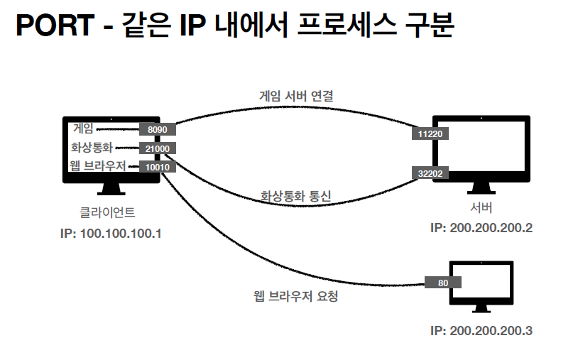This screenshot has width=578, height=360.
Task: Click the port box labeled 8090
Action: pos(156,130)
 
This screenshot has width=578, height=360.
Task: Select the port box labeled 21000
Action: pos(156,148)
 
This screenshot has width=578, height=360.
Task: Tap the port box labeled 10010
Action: pos(156,167)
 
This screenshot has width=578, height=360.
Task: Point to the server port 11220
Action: pos(430,133)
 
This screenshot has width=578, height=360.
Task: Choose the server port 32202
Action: pos(430,173)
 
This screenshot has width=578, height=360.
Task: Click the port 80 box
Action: pos(443,282)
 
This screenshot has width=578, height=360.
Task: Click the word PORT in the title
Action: pos(54,27)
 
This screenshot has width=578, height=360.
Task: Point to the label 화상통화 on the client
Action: pos(92,148)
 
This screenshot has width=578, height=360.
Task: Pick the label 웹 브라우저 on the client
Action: pos(97,167)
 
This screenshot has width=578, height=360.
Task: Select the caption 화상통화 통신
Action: pos(296,196)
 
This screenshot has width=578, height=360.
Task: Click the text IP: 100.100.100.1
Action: pos(111,233)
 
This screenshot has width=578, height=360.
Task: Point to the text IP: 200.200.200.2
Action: pos(481,228)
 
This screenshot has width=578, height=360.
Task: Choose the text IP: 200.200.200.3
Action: pos(481,330)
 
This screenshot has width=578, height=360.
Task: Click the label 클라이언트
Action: pos(107,212)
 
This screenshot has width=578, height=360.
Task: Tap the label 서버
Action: pos(481,208)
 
